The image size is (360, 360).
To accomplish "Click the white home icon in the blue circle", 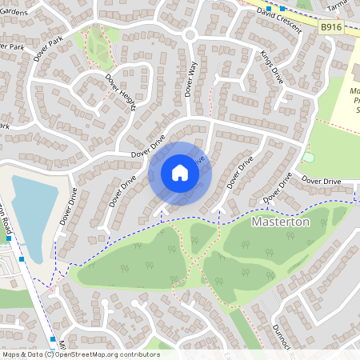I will point(180,173).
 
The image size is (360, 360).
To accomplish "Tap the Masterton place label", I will point(280,222).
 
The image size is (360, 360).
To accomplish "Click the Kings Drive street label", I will point(272,67).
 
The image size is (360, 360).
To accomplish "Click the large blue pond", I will point(32,208).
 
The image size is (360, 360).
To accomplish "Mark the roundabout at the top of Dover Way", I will point(190,35).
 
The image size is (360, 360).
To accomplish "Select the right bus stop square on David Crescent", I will point(282,8).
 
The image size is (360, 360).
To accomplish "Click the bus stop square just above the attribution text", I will point(53,339).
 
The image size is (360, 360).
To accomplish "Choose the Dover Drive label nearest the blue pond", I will point(69,206).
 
